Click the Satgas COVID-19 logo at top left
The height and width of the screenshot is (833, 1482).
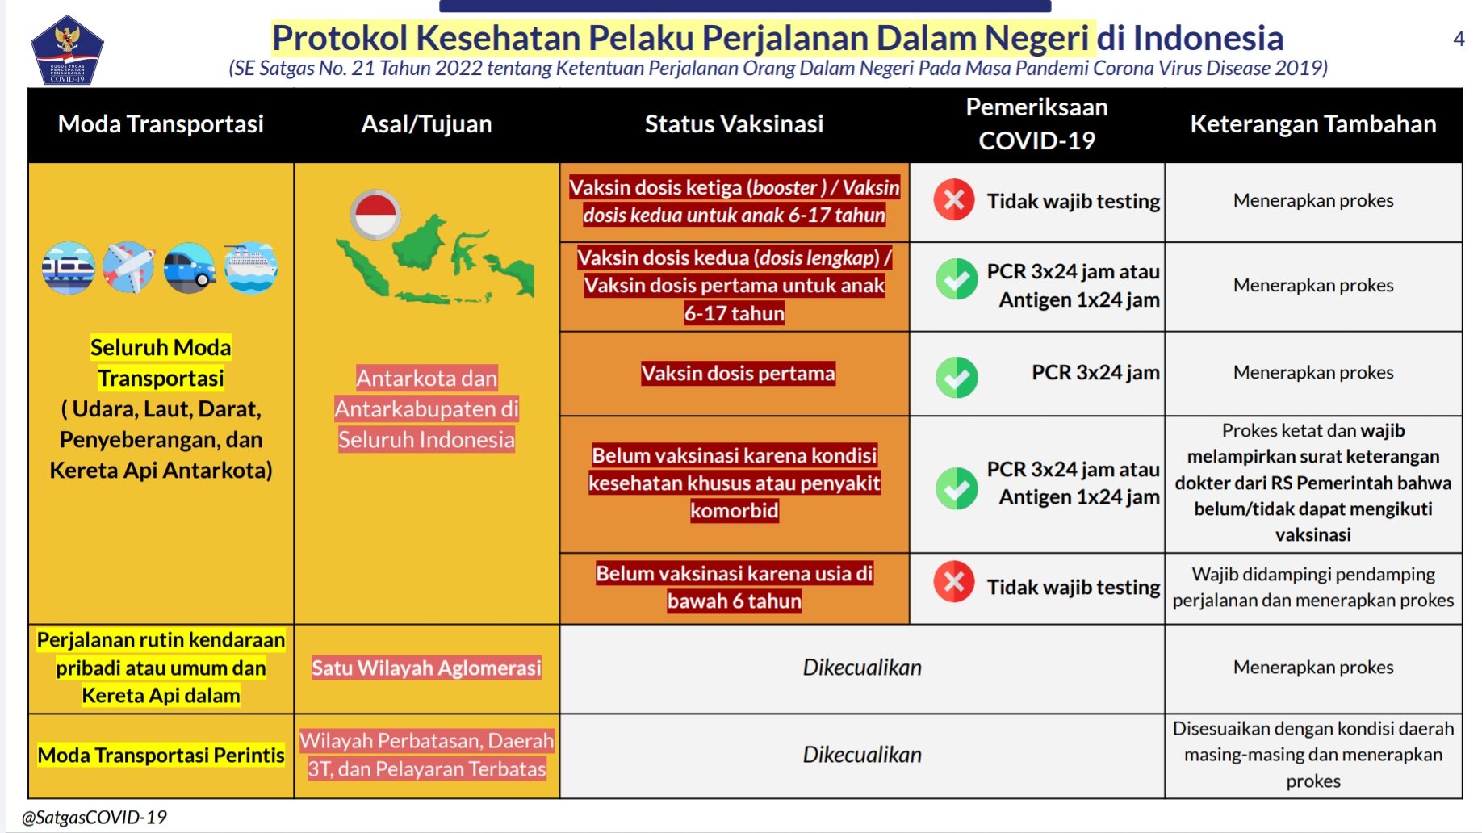point(67,50)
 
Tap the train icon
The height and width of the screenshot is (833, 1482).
point(69,268)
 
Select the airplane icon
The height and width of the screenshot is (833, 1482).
point(129,268)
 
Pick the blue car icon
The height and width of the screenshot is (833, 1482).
point(190,268)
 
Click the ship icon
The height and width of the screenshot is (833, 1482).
point(250,268)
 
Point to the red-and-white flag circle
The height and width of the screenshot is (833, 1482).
point(375,215)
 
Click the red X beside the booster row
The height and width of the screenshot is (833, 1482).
point(954,200)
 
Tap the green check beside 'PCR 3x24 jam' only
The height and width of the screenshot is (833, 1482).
point(957,378)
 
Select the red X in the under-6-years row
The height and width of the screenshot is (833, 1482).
point(954,582)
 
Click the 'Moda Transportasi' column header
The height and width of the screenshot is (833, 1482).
point(161,124)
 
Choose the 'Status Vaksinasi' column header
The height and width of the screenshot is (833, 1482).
point(734,124)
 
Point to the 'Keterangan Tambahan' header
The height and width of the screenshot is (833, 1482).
point(1313,124)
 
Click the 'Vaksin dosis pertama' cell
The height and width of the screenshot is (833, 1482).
point(738,373)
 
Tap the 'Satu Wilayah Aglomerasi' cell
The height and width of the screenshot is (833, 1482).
point(426,668)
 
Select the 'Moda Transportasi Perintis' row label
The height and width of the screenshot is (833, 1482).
point(161,755)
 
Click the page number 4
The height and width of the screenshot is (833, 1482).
point(1459,39)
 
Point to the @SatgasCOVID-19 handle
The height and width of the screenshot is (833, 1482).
point(94,817)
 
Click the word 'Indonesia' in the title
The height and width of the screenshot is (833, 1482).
point(1208,38)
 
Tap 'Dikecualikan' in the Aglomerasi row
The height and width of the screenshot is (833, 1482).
point(862,668)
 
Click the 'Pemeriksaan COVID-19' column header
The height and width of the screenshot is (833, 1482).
point(1036,123)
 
